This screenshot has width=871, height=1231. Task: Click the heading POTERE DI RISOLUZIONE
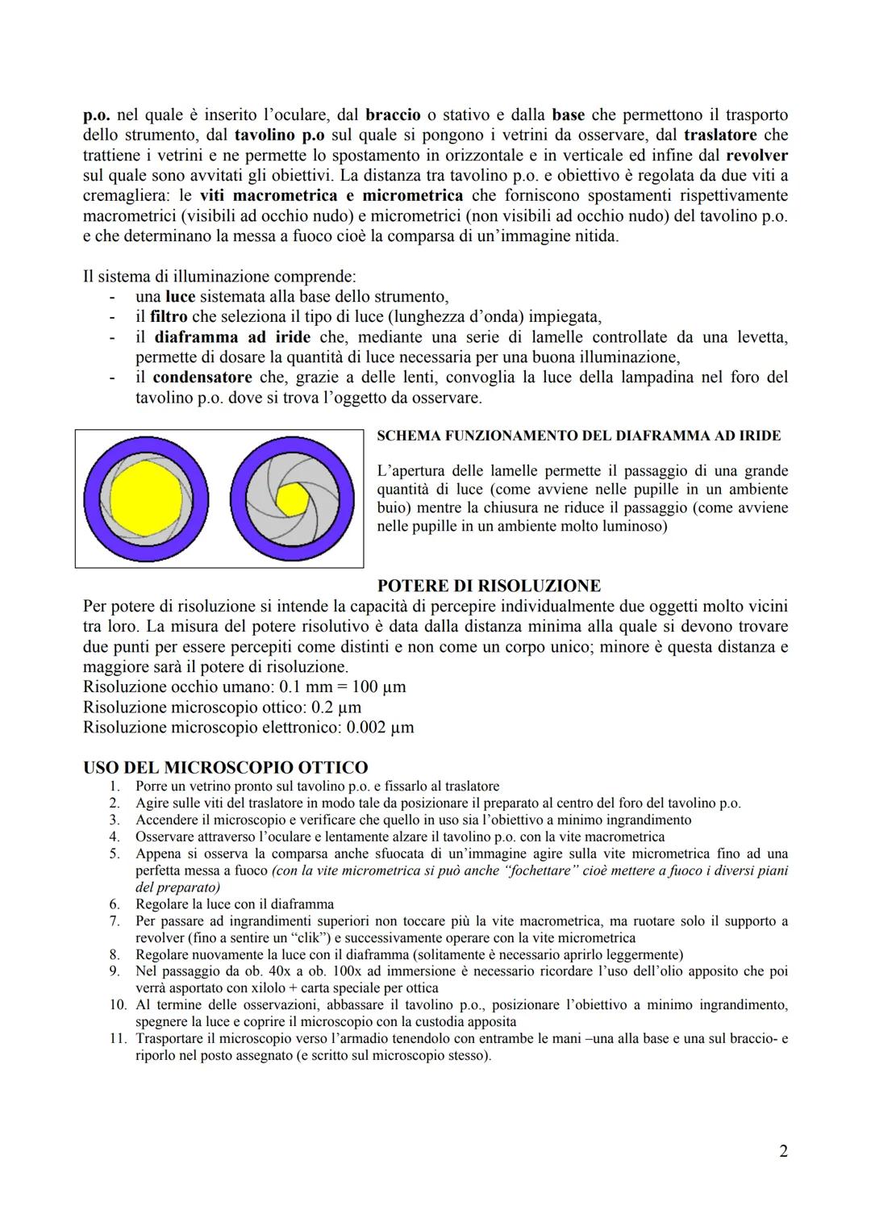pyautogui.click(x=489, y=586)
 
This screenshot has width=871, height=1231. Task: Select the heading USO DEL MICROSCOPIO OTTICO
pyautogui.click(x=225, y=767)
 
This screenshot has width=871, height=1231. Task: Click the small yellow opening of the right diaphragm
pyautogui.click(x=291, y=500)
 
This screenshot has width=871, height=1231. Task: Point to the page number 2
pyautogui.click(x=783, y=1151)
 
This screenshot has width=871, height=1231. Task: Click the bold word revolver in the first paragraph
pyautogui.click(x=756, y=155)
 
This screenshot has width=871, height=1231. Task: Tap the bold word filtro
pyautogui.click(x=169, y=316)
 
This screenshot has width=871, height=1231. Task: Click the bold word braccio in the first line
pyautogui.click(x=393, y=115)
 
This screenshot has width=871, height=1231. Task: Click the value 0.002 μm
pyautogui.click(x=380, y=727)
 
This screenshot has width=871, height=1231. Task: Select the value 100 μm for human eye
pyautogui.click(x=376, y=686)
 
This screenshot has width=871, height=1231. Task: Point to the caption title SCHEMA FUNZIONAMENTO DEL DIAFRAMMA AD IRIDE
pyautogui.click(x=578, y=436)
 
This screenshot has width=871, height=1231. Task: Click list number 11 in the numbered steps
pyautogui.click(x=119, y=1039)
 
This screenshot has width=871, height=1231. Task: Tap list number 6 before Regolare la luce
pyautogui.click(x=115, y=904)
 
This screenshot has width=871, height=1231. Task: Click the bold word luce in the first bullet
pyautogui.click(x=180, y=296)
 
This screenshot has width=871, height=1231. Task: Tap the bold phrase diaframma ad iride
pyautogui.click(x=232, y=336)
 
